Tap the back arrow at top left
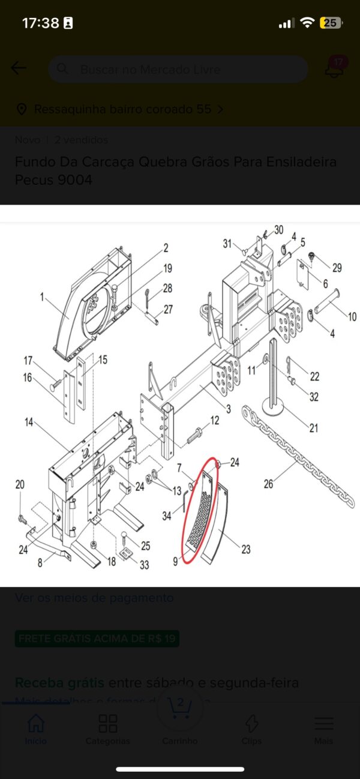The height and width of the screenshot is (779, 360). pos(19,68)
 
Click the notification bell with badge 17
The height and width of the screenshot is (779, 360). pos(335,68)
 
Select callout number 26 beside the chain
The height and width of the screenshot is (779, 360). pos(268,483)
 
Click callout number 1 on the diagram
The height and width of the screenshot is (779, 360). pos(43,296)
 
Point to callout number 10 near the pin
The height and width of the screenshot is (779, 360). pos(352,316)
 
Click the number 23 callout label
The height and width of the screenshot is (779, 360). pos(245,549)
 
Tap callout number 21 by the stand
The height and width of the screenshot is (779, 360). pos(313,428)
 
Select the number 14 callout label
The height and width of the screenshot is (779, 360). pos(29,422)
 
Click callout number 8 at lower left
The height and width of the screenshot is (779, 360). pos(40,563)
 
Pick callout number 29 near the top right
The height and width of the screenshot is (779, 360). pos(337,268)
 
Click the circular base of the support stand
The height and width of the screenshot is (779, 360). pos(277,411)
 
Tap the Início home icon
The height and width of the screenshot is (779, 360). pos(36,724)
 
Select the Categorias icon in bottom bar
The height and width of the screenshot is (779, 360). pos(107,724)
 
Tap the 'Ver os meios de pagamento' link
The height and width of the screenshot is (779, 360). pos(94,598)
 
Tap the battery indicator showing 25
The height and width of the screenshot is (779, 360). pos(331,23)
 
